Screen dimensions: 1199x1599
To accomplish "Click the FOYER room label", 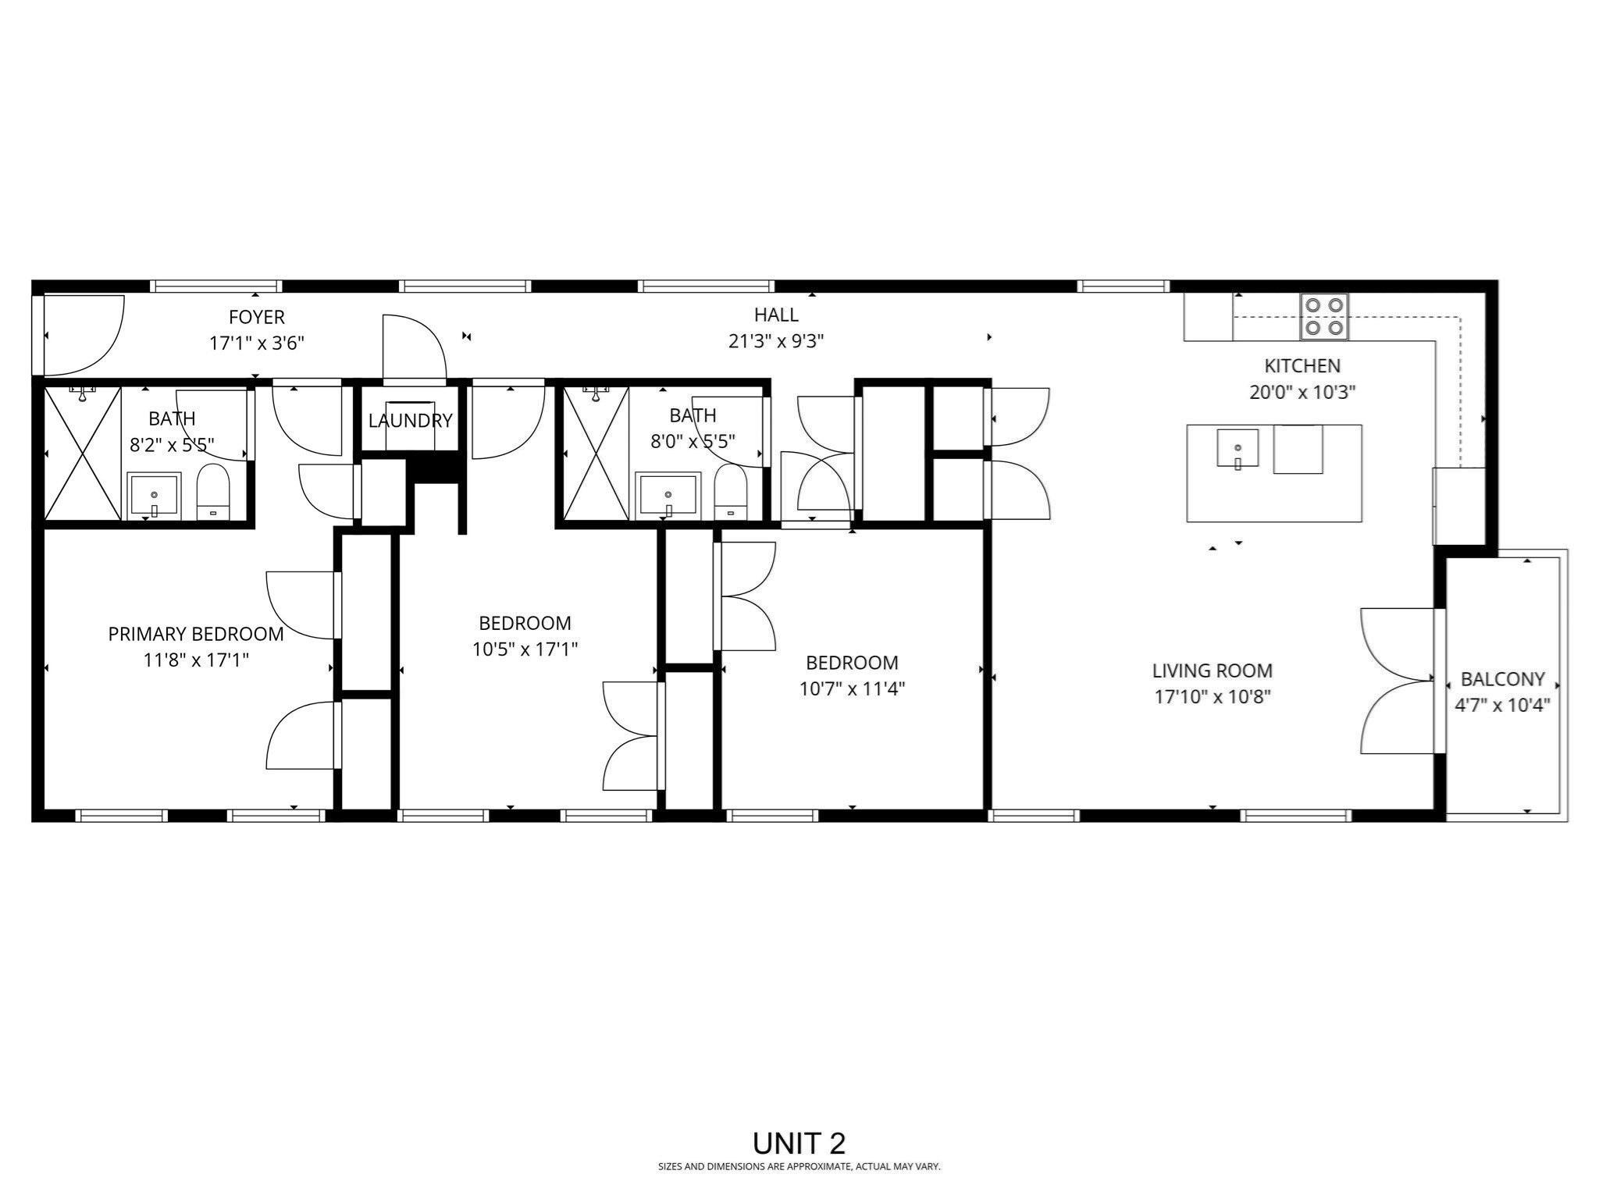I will [x=256, y=317].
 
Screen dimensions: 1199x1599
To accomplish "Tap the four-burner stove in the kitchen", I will [x=1324, y=317].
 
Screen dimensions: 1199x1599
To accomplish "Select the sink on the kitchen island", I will [x=1238, y=448].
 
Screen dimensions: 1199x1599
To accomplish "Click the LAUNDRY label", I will [x=410, y=421].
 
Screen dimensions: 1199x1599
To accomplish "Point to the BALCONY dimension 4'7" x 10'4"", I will [x=1501, y=705].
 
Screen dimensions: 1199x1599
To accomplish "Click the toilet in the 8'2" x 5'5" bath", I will [x=212, y=492].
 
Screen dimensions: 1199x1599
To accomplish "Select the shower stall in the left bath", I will [x=82, y=454].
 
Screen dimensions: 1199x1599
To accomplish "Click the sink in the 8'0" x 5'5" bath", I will [x=668, y=494].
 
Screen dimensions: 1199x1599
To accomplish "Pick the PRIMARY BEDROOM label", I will [x=196, y=634].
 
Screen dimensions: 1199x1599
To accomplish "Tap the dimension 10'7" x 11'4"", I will [x=852, y=688].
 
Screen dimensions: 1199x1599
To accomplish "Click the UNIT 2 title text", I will [x=799, y=1144].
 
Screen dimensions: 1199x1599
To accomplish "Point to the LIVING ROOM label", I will [x=1212, y=671].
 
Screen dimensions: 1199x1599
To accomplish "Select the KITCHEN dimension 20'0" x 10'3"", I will [x=1302, y=392].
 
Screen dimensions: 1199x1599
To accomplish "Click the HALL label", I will [x=776, y=315].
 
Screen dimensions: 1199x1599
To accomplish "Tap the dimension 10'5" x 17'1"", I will [x=525, y=649].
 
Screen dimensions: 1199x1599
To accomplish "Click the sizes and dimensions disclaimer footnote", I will [x=799, y=1167].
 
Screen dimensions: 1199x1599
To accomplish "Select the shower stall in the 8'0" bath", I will [x=597, y=454].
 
